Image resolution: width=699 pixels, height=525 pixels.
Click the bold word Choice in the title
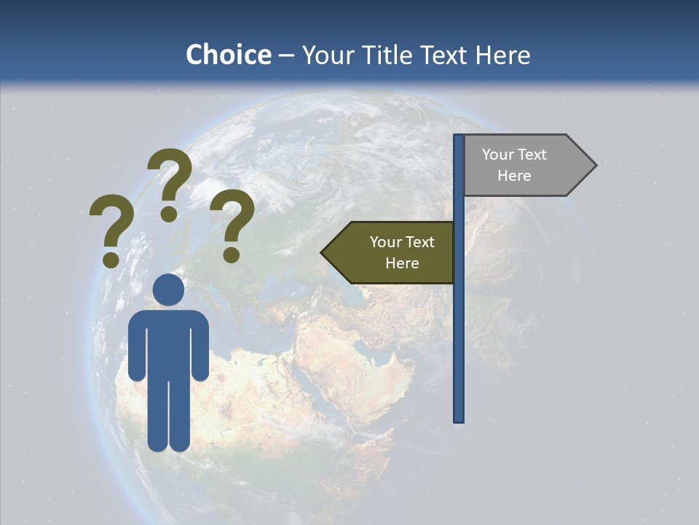point(228,55)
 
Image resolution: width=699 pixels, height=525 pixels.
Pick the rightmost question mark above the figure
point(232,225)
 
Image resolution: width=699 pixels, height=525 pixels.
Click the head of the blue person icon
point(168,289)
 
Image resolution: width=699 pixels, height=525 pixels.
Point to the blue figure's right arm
point(198,350)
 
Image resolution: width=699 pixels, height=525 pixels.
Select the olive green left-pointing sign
point(393,252)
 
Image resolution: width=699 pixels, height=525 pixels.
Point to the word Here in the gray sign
point(514,176)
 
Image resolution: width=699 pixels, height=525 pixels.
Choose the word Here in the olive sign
point(402,263)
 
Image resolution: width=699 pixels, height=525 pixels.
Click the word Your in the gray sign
point(498,155)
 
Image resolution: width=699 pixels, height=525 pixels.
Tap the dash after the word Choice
point(286,55)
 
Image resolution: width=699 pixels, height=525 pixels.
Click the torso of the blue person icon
point(168,343)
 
